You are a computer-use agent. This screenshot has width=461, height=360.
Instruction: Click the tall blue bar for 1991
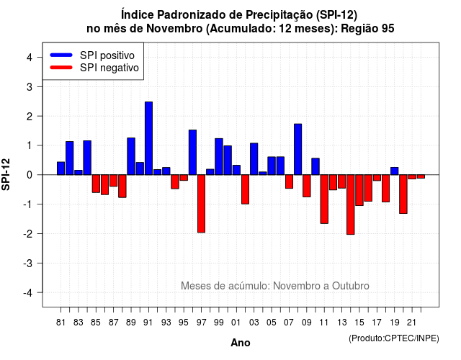pos(149,138)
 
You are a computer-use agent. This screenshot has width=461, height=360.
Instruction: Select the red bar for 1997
pos(202,204)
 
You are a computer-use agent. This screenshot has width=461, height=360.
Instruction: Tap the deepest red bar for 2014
pos(351,204)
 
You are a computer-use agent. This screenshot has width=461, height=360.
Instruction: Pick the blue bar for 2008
pos(297,149)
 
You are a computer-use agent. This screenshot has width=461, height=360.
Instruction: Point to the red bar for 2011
pos(324,199)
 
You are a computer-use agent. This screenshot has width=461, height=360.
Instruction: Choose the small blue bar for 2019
pos(395,171)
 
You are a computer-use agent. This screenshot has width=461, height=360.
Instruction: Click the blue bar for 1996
pos(192,152)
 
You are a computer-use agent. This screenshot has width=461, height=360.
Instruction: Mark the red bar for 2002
pos(245,189)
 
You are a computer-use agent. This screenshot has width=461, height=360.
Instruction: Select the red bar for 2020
pos(403,194)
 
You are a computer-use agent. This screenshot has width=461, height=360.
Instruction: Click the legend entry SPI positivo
pos(107,55)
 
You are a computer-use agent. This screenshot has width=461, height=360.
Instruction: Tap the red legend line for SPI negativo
pos(61,68)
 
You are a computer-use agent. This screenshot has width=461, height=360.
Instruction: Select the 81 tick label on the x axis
pos(61,323)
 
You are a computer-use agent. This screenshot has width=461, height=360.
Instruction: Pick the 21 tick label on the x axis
pos(412,323)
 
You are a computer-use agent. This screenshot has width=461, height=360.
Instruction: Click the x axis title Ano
pos(241,343)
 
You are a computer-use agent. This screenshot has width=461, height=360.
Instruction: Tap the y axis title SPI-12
pos(6,174)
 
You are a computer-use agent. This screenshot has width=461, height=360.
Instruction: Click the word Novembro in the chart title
pos(174,29)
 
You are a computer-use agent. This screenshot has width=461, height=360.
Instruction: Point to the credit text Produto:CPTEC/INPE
pos(394,338)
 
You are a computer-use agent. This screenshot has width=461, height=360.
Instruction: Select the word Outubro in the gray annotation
pos(351,286)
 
